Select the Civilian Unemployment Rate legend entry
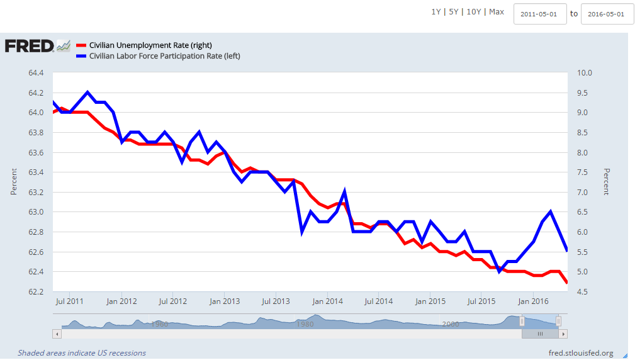(x=150, y=45)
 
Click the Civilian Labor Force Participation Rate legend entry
(x=164, y=56)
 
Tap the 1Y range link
(x=436, y=12)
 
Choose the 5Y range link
(x=453, y=12)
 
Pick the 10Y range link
(x=473, y=12)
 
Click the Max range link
(x=497, y=12)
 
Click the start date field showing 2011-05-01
(x=539, y=14)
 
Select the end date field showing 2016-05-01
(x=607, y=14)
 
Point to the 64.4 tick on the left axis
(x=35, y=73)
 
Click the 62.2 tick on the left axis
(x=35, y=292)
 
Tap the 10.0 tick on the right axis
(x=586, y=73)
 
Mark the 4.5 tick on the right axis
(x=585, y=292)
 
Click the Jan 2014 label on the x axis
(x=327, y=301)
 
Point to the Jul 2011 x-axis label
(x=69, y=301)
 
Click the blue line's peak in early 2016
(x=551, y=211)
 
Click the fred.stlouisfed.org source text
(x=580, y=353)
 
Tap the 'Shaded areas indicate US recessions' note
(x=82, y=353)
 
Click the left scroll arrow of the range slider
(x=57, y=334)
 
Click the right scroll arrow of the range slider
(x=563, y=334)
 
